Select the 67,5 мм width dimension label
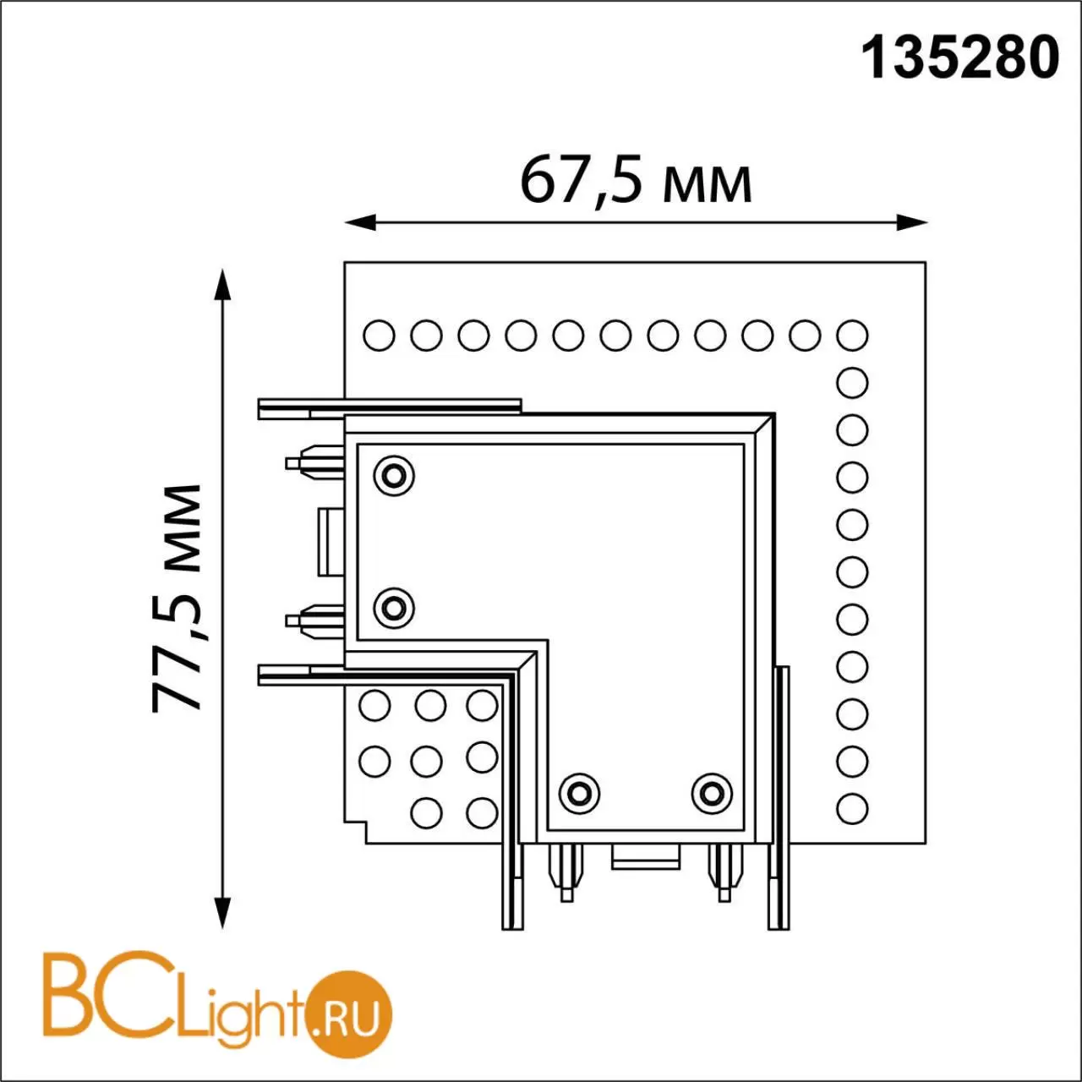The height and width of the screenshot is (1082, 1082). (636, 181)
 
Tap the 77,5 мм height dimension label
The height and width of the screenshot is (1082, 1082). (177, 598)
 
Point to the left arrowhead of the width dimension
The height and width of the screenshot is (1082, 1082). (360, 221)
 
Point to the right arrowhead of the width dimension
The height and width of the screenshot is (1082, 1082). (911, 221)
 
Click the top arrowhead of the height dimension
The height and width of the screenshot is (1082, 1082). (223, 285)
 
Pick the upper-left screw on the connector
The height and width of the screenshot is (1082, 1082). (394, 476)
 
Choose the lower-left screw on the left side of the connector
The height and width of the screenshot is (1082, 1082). (394, 608)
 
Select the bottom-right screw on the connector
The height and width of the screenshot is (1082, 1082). (712, 794)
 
